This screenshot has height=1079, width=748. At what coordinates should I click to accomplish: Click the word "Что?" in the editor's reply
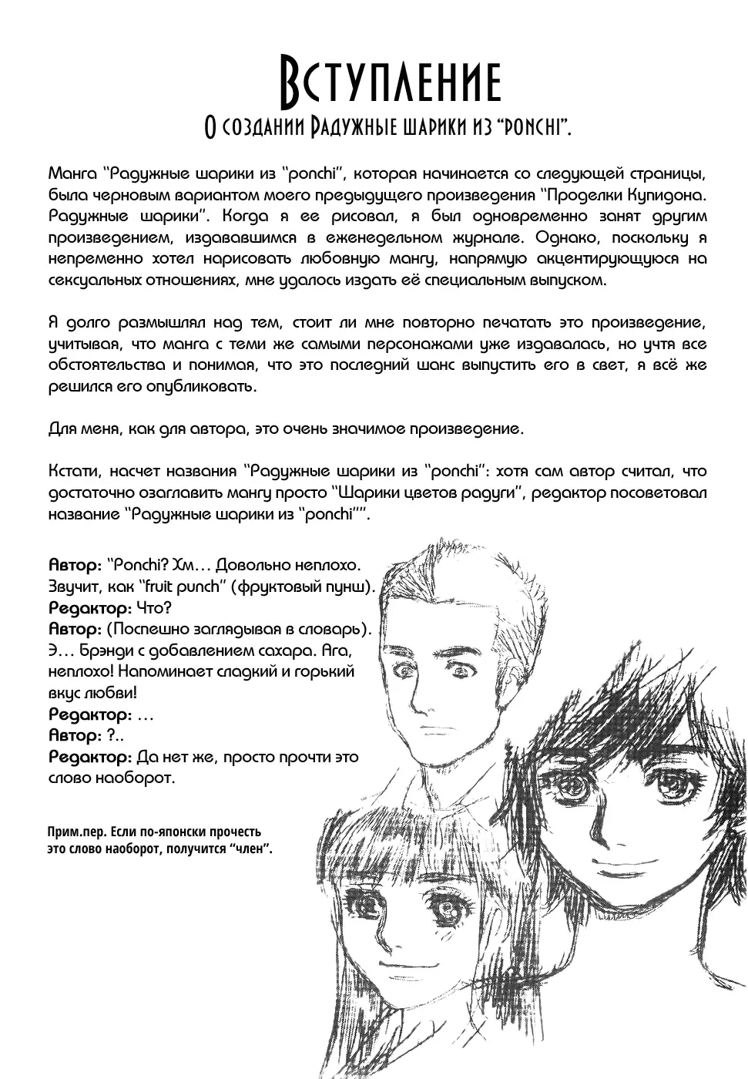pyautogui.click(x=156, y=607)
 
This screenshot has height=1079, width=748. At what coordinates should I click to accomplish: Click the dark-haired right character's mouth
pyautogui.click(x=626, y=859)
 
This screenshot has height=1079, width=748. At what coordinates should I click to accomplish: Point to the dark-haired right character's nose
pyautogui.click(x=623, y=825)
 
